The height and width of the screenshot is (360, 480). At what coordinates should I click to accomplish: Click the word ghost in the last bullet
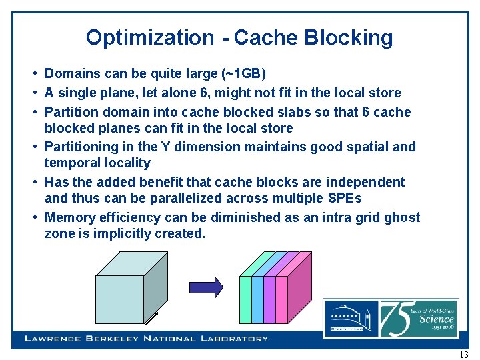(x=399, y=217)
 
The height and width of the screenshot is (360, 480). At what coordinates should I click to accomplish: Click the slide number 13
(x=464, y=354)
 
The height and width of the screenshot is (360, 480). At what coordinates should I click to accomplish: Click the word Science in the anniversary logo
(x=437, y=318)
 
